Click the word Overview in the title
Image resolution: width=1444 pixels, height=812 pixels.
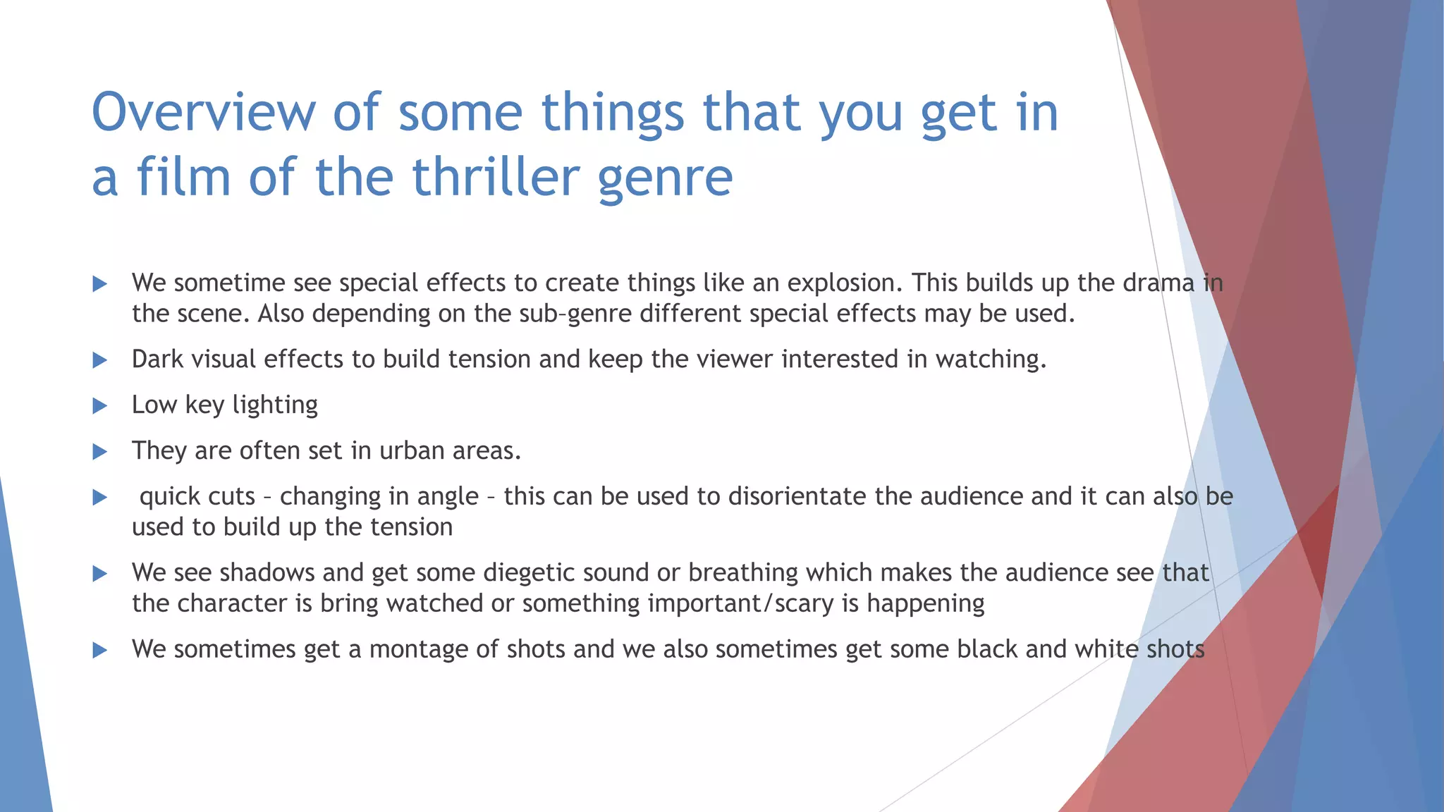204,113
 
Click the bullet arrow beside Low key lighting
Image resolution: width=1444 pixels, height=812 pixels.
99,406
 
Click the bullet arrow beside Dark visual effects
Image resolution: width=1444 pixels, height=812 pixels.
99,360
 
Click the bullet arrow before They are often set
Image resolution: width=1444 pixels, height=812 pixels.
99,452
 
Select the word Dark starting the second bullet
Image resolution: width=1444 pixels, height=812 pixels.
158,359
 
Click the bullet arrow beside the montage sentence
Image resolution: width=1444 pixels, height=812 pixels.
99,650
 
